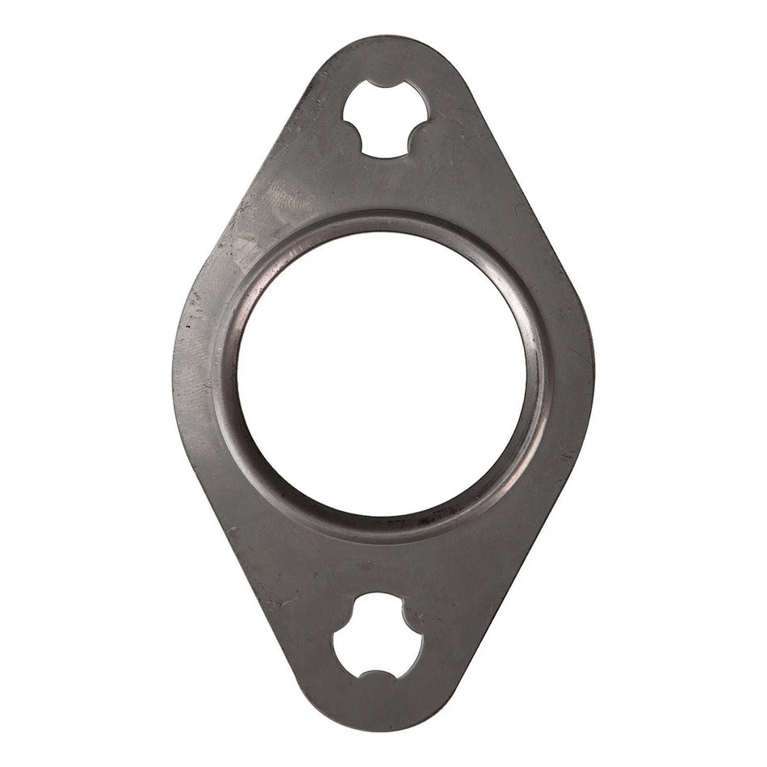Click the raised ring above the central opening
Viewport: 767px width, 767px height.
click(383, 220)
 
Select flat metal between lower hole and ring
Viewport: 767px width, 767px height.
click(379, 565)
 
